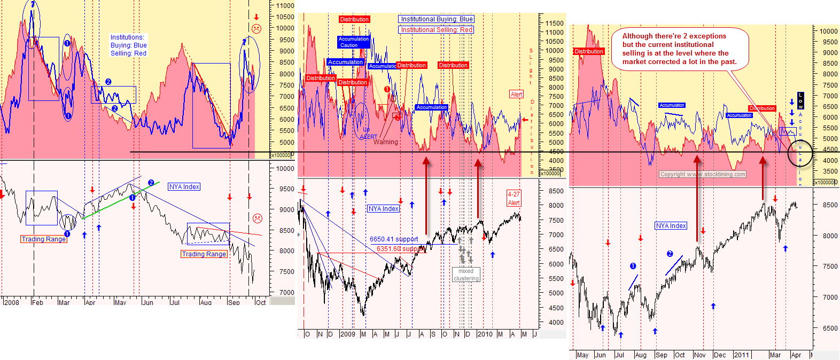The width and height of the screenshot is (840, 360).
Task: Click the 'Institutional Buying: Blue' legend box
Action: click(437, 19)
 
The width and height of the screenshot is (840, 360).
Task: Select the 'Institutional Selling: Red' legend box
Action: click(437, 30)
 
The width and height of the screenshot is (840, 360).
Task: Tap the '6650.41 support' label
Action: click(394, 239)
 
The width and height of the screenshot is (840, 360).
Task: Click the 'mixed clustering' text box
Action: click(466, 275)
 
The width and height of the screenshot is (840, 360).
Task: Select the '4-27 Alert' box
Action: click(514, 199)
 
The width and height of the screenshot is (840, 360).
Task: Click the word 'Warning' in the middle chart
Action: click(386, 142)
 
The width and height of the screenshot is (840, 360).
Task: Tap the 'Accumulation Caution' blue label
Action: click(353, 42)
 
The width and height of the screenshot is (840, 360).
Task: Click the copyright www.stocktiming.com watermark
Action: click(703, 174)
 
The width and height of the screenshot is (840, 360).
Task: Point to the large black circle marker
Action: click(800, 153)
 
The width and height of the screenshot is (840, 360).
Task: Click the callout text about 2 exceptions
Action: click(679, 49)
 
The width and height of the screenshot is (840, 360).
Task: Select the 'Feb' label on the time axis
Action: click(37, 302)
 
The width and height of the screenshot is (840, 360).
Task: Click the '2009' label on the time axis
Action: click(347, 334)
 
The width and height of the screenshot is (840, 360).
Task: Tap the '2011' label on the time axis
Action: click(741, 355)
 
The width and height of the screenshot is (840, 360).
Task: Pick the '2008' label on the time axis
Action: click(11, 302)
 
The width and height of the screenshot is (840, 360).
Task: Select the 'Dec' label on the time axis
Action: click(720, 355)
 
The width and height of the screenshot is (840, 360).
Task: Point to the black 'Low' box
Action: click(800, 100)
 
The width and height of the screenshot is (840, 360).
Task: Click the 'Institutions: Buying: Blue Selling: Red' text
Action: click(128, 45)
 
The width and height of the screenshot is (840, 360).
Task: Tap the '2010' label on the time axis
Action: click(485, 334)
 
